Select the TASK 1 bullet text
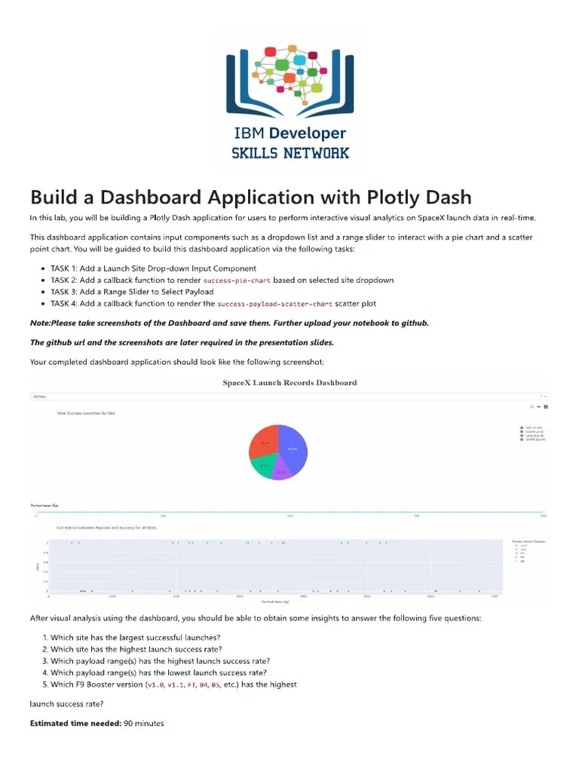point(153,268)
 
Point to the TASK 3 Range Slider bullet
point(132,292)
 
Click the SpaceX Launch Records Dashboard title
point(289,382)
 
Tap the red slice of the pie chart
point(263,445)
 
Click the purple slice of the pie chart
point(280,473)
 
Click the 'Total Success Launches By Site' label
point(86,413)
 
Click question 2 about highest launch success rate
point(136,649)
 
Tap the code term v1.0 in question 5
point(156,685)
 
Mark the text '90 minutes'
point(143,724)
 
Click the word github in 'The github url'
point(58,342)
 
